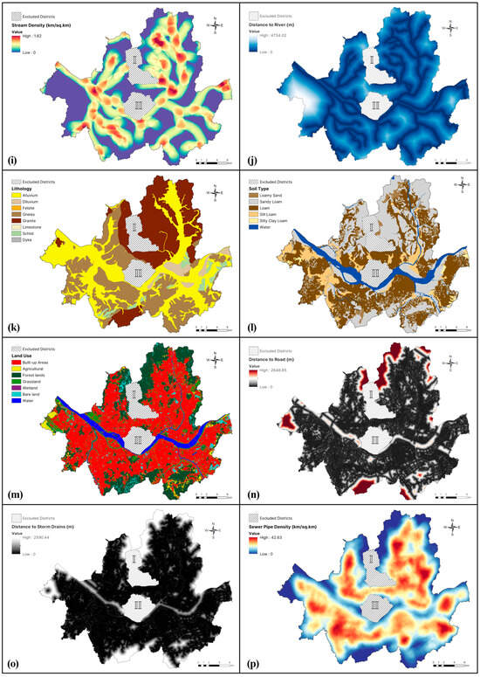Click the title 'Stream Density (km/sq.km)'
45,23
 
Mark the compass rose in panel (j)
449,27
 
